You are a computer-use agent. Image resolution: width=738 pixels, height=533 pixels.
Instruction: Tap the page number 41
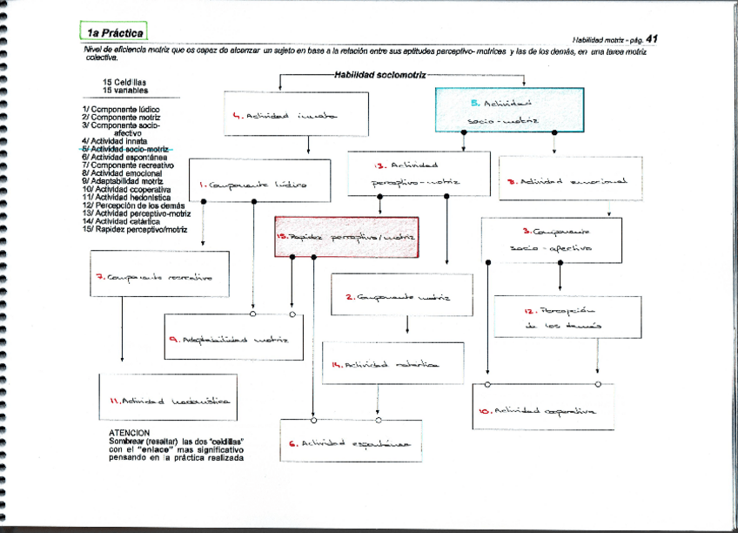coord(652,38)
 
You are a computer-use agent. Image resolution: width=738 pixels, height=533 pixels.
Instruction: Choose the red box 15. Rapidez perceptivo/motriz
coord(346,237)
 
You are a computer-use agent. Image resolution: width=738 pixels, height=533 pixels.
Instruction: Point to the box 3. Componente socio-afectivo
coord(551,240)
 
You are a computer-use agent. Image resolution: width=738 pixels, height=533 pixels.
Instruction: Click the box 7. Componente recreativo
coord(159,277)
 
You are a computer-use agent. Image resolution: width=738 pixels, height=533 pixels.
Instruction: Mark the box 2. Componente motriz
coord(402,296)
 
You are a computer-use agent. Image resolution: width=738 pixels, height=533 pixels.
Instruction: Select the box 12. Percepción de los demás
coord(567,317)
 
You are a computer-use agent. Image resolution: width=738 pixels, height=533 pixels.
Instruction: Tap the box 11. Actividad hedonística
coord(167,399)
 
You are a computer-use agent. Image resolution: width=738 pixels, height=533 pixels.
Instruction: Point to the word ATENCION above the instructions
coord(129,433)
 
